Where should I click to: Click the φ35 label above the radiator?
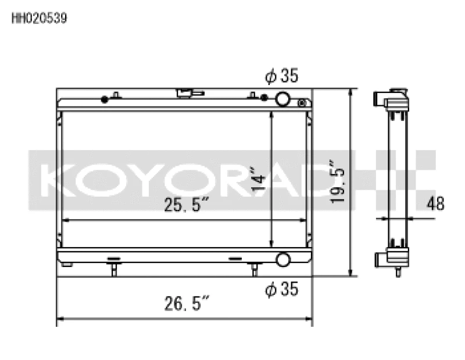point(282,76)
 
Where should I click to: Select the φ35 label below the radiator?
point(282,289)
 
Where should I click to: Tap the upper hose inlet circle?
point(283,99)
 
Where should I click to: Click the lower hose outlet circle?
point(283,259)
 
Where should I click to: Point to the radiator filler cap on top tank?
point(187,92)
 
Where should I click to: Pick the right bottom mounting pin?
point(253,269)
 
